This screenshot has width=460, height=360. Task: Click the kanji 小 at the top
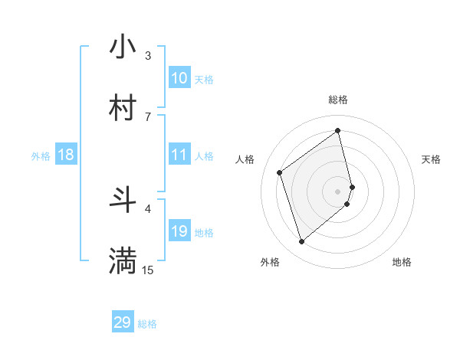[123, 47]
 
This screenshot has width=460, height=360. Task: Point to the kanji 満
[123, 260]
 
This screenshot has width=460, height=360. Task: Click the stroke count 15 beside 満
[148, 270]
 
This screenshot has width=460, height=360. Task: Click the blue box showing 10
[179, 78]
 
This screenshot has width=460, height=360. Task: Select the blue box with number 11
[179, 155]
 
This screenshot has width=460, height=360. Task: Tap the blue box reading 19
[179, 231]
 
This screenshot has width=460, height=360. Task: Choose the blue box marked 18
[66, 155]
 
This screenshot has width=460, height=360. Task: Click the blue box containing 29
[123, 322]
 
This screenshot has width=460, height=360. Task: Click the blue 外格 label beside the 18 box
[41, 156]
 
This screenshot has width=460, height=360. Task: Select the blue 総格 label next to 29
[147, 324]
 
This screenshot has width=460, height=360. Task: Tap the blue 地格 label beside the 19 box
[204, 233]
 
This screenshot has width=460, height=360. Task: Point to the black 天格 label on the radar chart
[432, 159]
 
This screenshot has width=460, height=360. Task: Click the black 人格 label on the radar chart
[245, 159]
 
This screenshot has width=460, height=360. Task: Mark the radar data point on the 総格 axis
[338, 130]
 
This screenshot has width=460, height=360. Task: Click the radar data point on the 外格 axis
[301, 242]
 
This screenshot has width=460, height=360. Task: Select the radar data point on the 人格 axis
[280, 172]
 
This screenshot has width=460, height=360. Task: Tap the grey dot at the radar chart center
[338, 191]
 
